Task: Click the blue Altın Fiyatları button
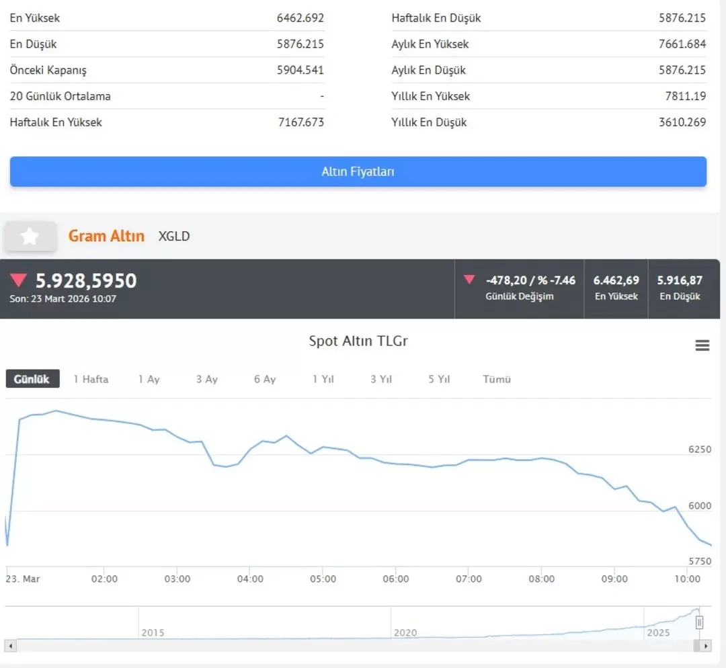(x=358, y=171)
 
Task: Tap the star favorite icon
(x=30, y=236)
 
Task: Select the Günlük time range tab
(x=32, y=379)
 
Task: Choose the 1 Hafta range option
(x=91, y=379)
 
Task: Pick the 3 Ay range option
(x=207, y=379)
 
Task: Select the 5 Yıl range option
(x=439, y=379)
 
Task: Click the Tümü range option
(x=497, y=379)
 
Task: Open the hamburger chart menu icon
(x=702, y=345)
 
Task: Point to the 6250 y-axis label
(x=699, y=449)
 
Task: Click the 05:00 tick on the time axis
(x=323, y=579)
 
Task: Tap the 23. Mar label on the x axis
(x=23, y=579)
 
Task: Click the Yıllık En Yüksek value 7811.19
(x=686, y=96)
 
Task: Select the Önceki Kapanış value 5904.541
(x=300, y=70)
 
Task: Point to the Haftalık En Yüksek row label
(x=56, y=122)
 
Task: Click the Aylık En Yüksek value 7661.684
(x=682, y=44)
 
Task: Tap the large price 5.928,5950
(x=86, y=280)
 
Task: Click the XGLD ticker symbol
(x=174, y=236)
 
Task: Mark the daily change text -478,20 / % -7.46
(x=530, y=280)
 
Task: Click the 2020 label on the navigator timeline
(x=405, y=632)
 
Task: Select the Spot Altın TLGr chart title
(x=358, y=341)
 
